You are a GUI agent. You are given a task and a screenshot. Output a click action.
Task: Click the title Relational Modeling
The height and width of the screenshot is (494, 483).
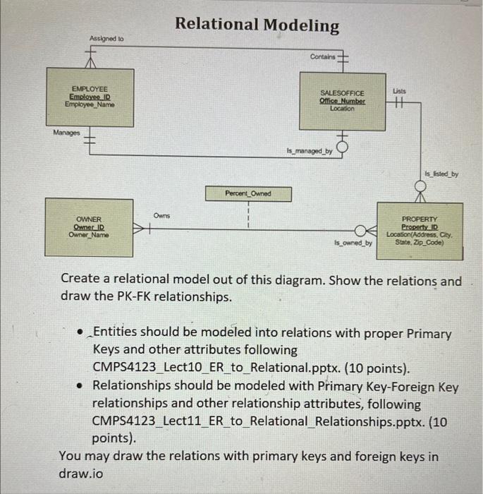[x=257, y=25]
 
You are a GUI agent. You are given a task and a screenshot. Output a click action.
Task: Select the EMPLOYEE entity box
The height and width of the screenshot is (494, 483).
[x=90, y=97]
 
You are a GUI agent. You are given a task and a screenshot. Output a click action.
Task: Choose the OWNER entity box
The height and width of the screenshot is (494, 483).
[x=89, y=227]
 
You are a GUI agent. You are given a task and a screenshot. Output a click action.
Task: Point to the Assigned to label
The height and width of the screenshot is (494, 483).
[x=106, y=38]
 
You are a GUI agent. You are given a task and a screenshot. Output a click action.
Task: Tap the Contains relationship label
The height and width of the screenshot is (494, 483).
[x=322, y=56]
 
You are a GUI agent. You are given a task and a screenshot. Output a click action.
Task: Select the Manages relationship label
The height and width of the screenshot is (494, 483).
[x=67, y=132]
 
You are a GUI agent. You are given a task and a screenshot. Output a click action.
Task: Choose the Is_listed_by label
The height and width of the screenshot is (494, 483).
[x=441, y=173]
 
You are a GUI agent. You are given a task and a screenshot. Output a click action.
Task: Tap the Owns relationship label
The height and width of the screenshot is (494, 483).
[x=161, y=214]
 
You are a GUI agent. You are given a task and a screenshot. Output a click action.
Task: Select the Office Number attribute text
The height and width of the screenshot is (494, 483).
[x=343, y=101]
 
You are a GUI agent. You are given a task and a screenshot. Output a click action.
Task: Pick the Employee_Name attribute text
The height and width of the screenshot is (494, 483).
[x=90, y=104]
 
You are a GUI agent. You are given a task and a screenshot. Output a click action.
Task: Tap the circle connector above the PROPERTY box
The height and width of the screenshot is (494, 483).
[x=421, y=186]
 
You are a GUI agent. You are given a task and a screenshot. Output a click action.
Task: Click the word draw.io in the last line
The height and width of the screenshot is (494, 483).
[x=80, y=473]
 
